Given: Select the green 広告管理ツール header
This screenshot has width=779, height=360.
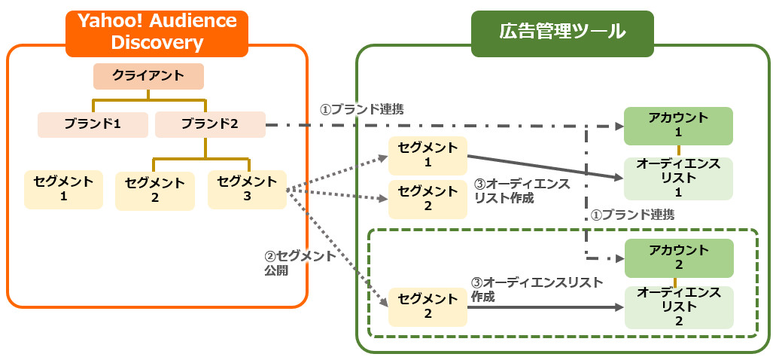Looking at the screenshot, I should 561,32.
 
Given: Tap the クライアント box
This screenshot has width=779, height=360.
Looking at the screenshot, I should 148,76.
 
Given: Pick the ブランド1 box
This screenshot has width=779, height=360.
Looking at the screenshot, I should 93,124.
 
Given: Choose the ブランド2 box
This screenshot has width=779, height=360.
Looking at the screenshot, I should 210,124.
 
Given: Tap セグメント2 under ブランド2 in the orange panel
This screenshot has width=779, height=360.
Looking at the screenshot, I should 155,191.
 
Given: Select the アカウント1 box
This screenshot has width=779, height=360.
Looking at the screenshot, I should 678,126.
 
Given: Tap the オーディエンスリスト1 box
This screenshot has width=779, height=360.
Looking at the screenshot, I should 678,178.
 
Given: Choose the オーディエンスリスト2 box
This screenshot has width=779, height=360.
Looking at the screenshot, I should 678,307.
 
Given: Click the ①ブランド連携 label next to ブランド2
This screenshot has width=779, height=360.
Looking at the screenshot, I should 362,109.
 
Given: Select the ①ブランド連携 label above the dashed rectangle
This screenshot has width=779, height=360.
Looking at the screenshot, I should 632,215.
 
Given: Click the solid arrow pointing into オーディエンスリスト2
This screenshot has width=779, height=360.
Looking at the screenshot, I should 542,307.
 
